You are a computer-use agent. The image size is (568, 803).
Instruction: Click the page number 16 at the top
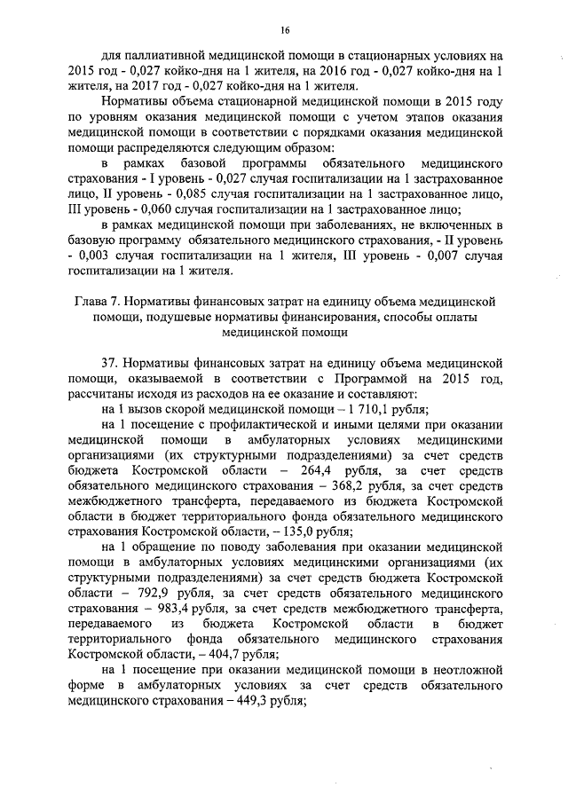coord(285,27)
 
